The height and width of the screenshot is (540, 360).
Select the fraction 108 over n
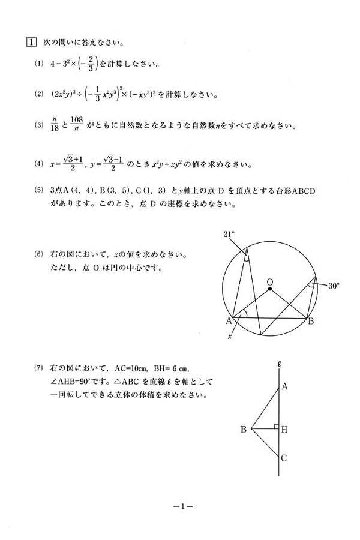point(76,126)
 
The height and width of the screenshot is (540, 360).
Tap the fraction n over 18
point(56,126)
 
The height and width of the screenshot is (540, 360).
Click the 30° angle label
point(334,286)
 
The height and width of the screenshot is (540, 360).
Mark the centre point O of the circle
point(271,289)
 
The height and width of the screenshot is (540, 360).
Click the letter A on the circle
point(229,321)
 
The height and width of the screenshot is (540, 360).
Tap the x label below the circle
point(230,337)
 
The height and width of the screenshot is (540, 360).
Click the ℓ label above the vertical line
point(280,364)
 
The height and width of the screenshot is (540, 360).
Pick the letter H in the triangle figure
point(284,429)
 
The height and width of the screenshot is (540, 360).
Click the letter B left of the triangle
point(244,429)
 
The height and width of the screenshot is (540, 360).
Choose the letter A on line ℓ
point(284,387)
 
